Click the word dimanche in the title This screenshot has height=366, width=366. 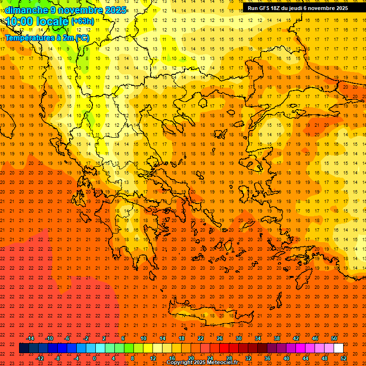pyautogui.click(x=26, y=10)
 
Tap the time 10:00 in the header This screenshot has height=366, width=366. pyautogui.click(x=20, y=21)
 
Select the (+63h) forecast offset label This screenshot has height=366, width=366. pyautogui.click(x=82, y=21)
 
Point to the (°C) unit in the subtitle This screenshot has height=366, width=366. pyautogui.click(x=81, y=37)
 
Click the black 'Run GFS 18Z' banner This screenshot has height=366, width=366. pyautogui.click(x=298, y=8)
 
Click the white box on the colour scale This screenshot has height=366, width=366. pyautogui.click(x=338, y=348)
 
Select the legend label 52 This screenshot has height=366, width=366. pyautogui.click(x=344, y=358)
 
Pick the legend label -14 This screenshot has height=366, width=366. pyautogui.click(x=30, y=338)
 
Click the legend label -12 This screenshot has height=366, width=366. pyautogui.click(x=40, y=358)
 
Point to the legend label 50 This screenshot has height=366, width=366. pyautogui.click(x=334, y=338)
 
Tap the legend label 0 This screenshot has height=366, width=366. pyautogui.click(x=94, y=358)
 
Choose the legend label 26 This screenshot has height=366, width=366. pyautogui.click(x=220, y=338)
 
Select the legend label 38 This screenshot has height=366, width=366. pyautogui.click(x=277, y=338)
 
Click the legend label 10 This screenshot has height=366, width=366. pyautogui.click(x=143, y=338)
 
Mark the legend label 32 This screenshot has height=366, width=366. pyautogui.click(x=248, y=358)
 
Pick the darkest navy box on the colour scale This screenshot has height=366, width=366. pyautogui.click(x=24, y=348)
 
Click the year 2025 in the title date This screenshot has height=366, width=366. pyautogui.click(x=115, y=10)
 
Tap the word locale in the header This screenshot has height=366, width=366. pyautogui.click(x=52, y=21)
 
